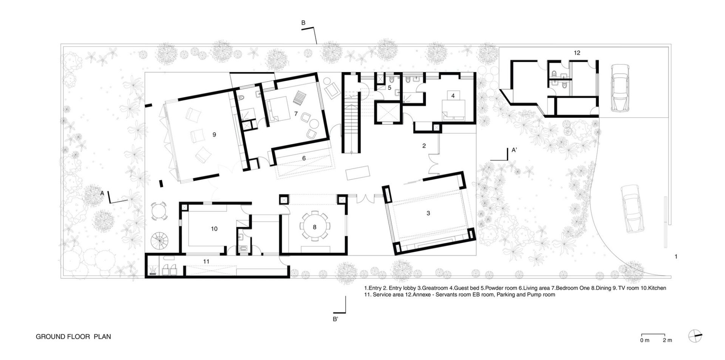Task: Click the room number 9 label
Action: [214, 134]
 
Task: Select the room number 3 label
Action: [428, 213]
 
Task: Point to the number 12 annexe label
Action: [577, 53]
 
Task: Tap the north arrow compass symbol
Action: [695, 336]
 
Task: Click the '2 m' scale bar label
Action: [667, 340]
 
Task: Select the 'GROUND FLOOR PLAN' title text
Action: [73, 337]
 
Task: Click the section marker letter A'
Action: [514, 150]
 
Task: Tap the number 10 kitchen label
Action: [214, 229]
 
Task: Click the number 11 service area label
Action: [206, 261]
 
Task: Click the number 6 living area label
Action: [304, 158]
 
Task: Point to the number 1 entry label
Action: [676, 256]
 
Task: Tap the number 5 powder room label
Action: [390, 88]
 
